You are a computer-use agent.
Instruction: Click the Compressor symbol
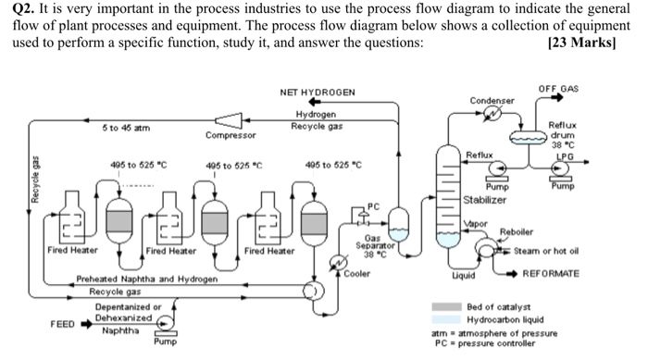229,120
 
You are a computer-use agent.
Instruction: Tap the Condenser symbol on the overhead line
492,112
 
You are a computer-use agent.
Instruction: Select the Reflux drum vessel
529,137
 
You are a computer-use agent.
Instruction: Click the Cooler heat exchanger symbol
338,262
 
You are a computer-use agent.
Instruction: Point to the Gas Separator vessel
398,225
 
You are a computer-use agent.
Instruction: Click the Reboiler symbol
486,248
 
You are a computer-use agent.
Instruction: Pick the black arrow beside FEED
86,324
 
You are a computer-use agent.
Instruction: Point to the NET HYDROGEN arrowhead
315,102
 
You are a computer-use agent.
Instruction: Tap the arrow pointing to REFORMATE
512,274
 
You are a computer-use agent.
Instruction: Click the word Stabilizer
484,201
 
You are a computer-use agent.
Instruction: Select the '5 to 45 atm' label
126,128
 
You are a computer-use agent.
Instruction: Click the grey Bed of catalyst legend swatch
447,306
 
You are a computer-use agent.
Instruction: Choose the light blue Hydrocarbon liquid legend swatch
447,319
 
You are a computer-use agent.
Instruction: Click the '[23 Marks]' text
581,43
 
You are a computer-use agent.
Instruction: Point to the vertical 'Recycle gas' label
35,180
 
